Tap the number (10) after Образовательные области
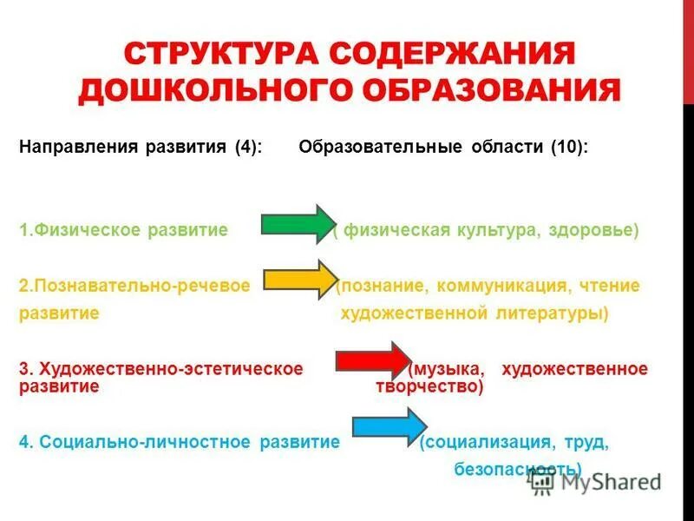pos(569,148)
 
